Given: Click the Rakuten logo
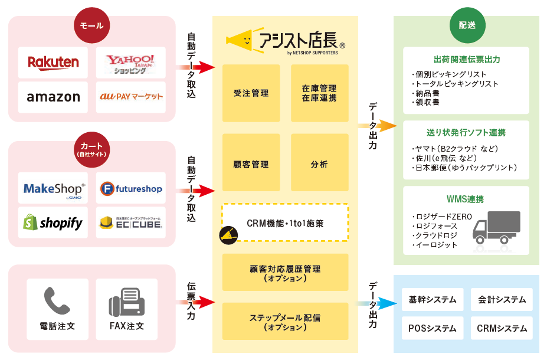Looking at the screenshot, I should [x=53, y=62].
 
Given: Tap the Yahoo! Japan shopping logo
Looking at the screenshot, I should [x=130, y=62].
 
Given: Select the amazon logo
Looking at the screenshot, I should [x=53, y=97].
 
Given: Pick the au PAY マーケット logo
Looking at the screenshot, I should [x=130, y=97].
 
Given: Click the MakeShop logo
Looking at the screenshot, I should [x=53, y=188].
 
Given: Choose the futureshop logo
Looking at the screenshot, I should [x=130, y=188].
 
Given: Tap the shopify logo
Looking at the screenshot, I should [x=53, y=222].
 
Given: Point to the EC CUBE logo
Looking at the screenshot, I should [x=130, y=222].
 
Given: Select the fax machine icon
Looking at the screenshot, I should [x=126, y=303].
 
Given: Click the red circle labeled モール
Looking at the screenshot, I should [x=91, y=25].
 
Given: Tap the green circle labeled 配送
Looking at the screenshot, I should [x=467, y=25].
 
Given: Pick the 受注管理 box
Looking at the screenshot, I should [x=251, y=93].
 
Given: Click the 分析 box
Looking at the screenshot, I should [x=319, y=164].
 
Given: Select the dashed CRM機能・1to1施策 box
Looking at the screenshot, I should [x=285, y=222].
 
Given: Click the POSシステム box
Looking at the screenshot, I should [x=433, y=328].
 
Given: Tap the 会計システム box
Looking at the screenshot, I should [x=502, y=299].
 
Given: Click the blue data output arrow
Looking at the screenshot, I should [x=379, y=303].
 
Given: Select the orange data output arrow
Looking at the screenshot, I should [x=379, y=126].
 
